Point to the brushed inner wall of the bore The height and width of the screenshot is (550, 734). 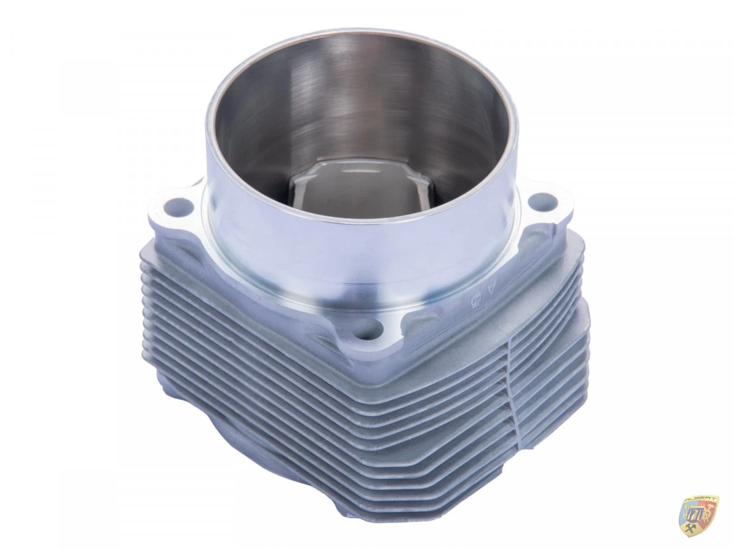pyautogui.click(x=343, y=104)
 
